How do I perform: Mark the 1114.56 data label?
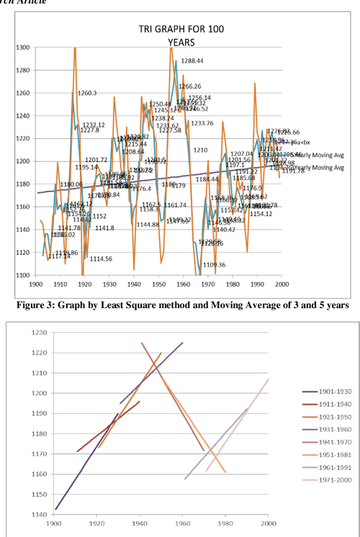click(102, 259)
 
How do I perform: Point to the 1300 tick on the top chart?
click(22, 48)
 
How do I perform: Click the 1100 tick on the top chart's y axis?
click(22, 276)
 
